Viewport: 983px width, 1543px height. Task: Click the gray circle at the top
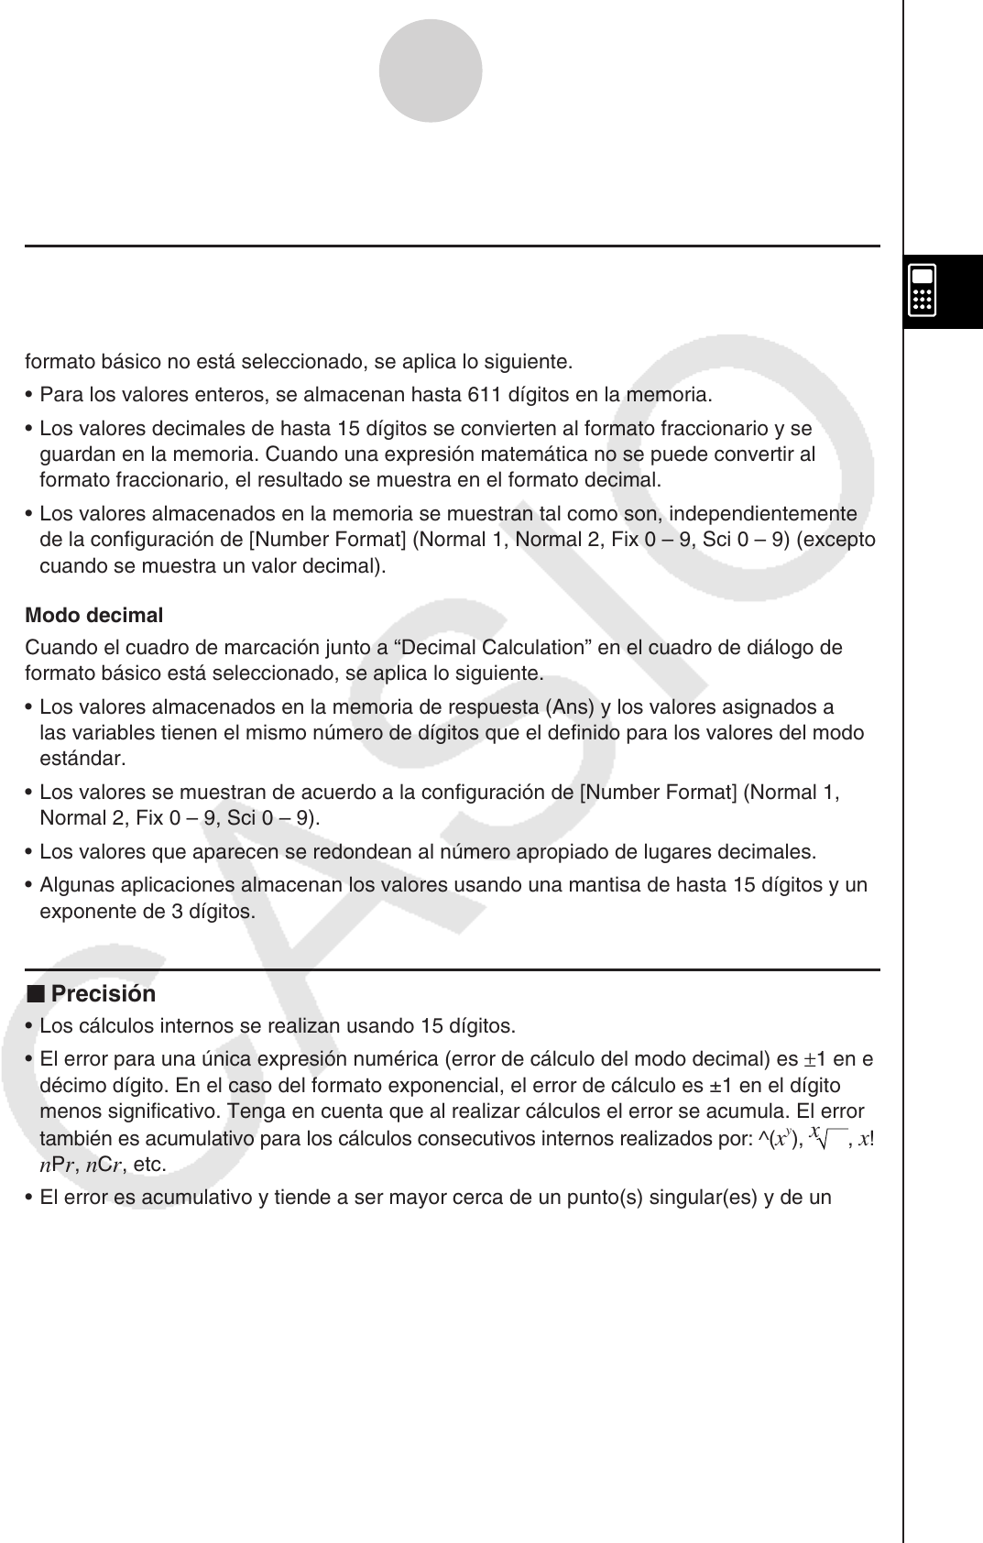click(431, 71)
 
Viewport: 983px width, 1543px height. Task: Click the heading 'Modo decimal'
click(94, 615)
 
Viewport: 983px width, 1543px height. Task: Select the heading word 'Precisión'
click(104, 994)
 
